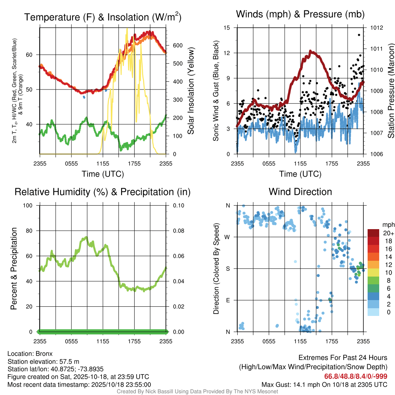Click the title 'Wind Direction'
(x=300, y=192)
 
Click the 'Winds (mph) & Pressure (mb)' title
(x=300, y=15)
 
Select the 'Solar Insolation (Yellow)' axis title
(x=191, y=91)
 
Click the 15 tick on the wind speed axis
(x=227, y=28)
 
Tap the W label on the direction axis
(x=228, y=237)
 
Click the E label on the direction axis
(x=228, y=300)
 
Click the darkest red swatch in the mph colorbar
(x=373, y=233)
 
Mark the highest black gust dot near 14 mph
(x=359, y=35)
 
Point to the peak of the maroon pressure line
(x=310, y=51)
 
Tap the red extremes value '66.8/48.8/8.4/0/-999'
(x=356, y=376)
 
